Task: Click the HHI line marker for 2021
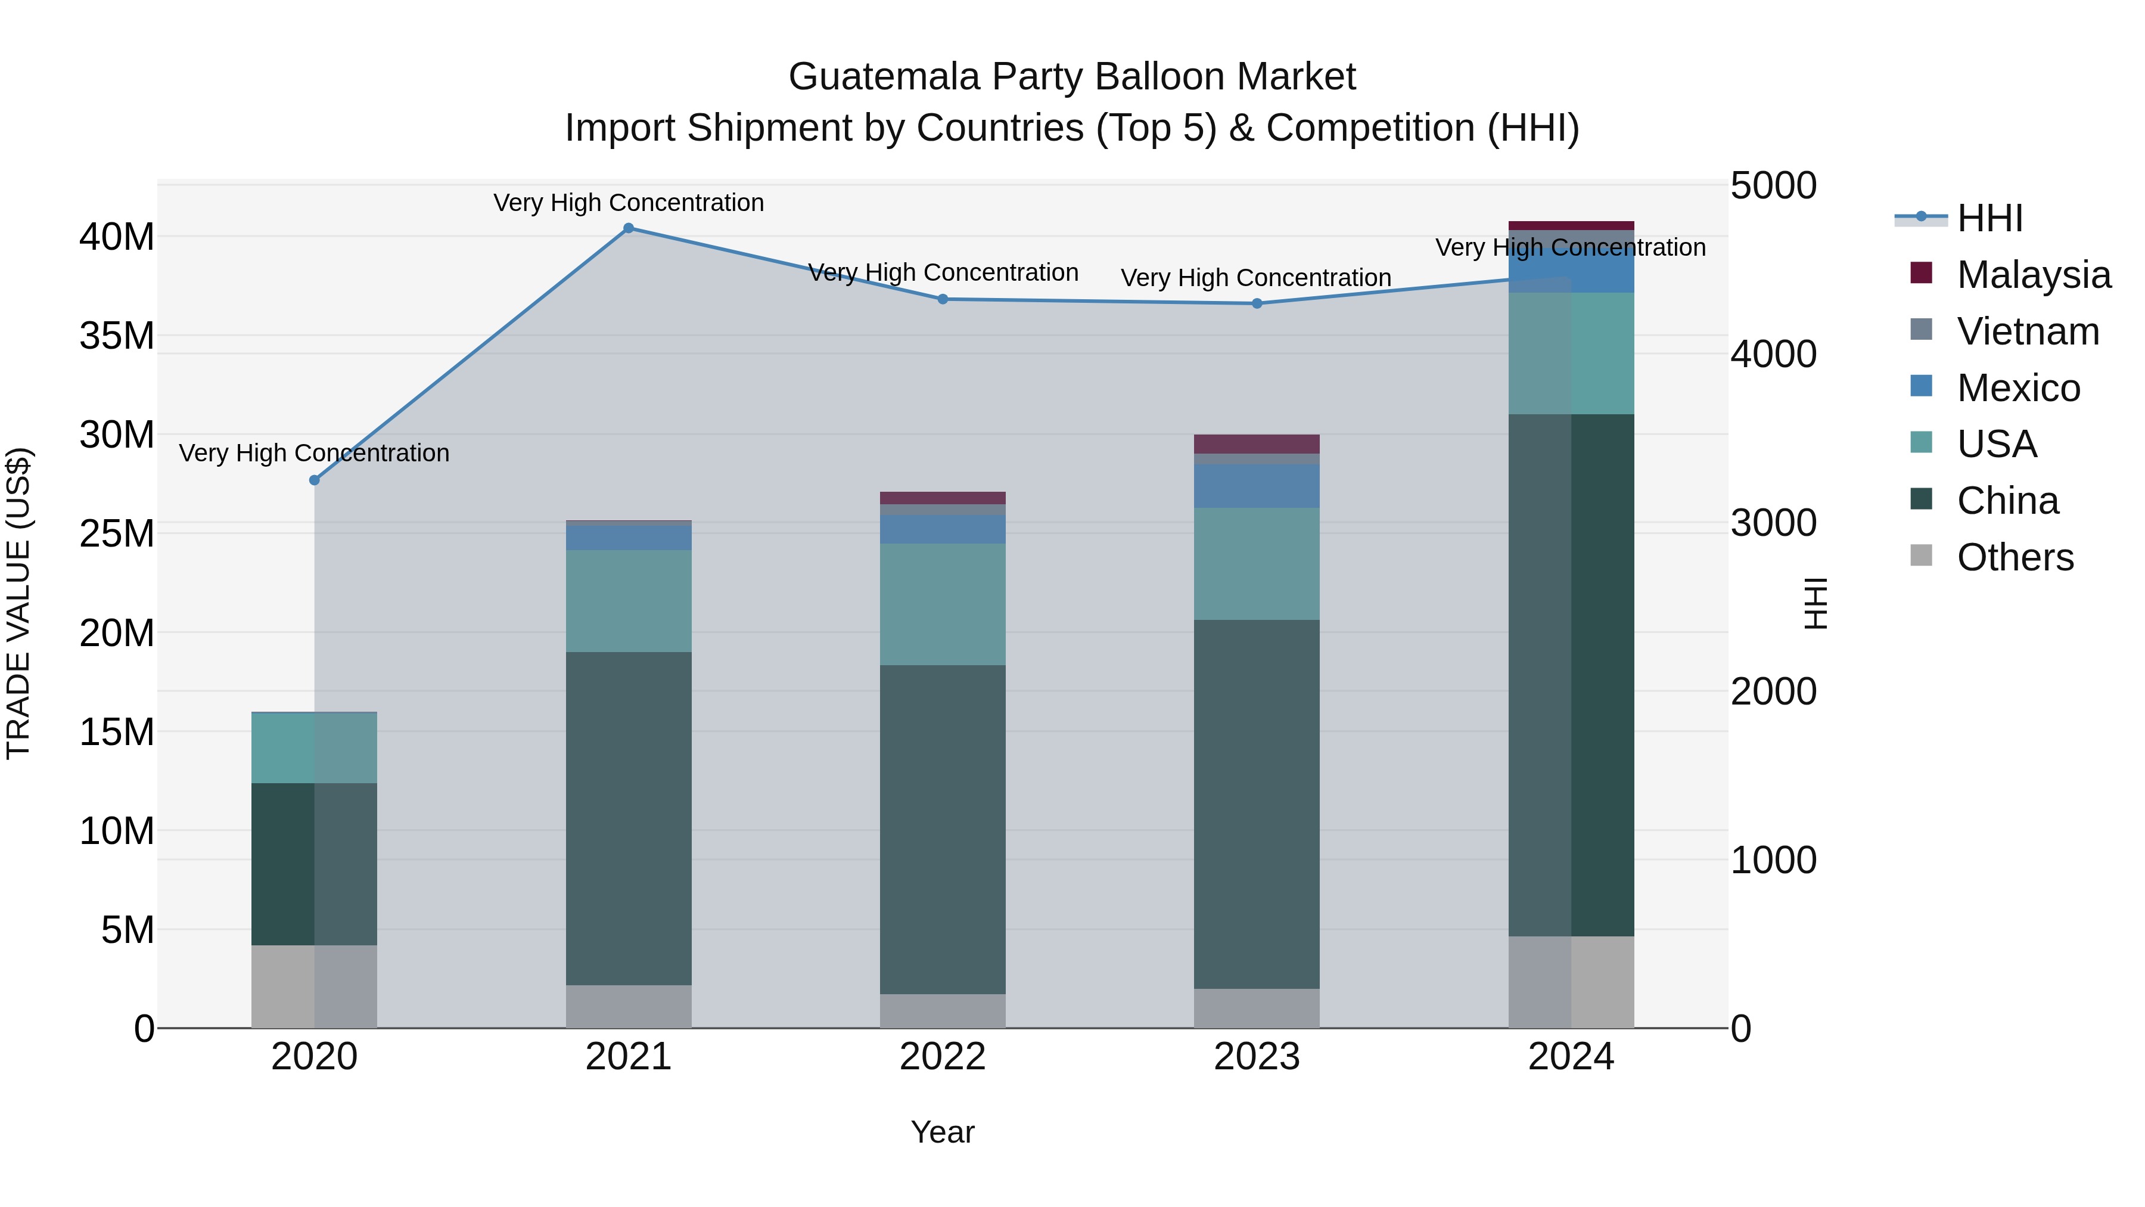pyautogui.click(x=629, y=228)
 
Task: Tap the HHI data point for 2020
pyautogui.click(x=314, y=480)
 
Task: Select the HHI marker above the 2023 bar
pyautogui.click(x=1257, y=304)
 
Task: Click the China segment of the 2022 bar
pyautogui.click(x=943, y=829)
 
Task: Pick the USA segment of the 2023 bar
pyautogui.click(x=1257, y=564)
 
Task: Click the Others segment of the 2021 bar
pyautogui.click(x=629, y=1006)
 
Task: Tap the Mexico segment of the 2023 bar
pyautogui.click(x=1257, y=486)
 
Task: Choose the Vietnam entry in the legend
pyautogui.click(x=2027, y=331)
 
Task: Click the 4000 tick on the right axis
pyautogui.click(x=1773, y=354)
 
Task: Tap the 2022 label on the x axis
pyautogui.click(x=943, y=1057)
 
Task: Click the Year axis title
pyautogui.click(x=943, y=1132)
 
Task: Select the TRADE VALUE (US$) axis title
pyautogui.click(x=18, y=603)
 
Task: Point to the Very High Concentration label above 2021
pyautogui.click(x=629, y=203)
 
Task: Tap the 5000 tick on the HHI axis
pyautogui.click(x=1773, y=186)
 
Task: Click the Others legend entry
pyautogui.click(x=2015, y=557)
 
